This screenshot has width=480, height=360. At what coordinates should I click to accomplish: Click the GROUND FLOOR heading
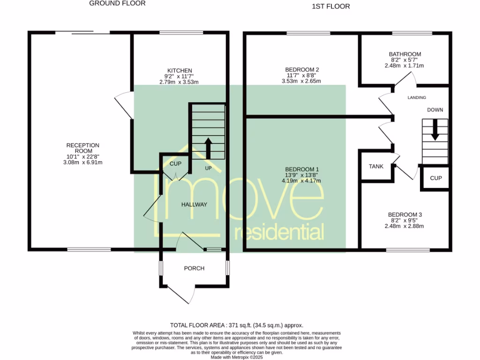point(117,3)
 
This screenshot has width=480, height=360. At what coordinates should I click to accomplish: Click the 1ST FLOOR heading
point(330,7)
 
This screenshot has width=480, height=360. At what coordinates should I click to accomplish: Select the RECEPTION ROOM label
point(82,146)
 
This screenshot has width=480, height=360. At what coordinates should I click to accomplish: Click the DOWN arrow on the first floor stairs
point(435,130)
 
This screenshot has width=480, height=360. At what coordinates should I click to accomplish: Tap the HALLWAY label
point(194,205)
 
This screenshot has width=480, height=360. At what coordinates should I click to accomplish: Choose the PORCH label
point(194,269)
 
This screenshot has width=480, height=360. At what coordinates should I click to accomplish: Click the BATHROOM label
point(405,54)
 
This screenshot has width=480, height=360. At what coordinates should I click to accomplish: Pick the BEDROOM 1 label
point(302,169)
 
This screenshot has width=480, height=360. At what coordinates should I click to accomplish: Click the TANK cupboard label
point(376,166)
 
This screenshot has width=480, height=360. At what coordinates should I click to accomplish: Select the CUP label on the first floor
point(435,179)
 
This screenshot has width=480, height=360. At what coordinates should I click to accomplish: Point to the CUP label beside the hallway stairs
point(175,164)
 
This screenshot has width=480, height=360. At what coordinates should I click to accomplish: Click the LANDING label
point(417,98)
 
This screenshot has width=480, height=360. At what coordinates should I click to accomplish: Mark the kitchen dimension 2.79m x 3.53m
point(179,82)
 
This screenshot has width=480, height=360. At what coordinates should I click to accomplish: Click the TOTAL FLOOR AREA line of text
point(236,325)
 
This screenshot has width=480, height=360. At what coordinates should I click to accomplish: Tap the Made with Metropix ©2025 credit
point(236,357)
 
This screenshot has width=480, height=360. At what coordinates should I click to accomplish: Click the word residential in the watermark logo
point(279,232)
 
